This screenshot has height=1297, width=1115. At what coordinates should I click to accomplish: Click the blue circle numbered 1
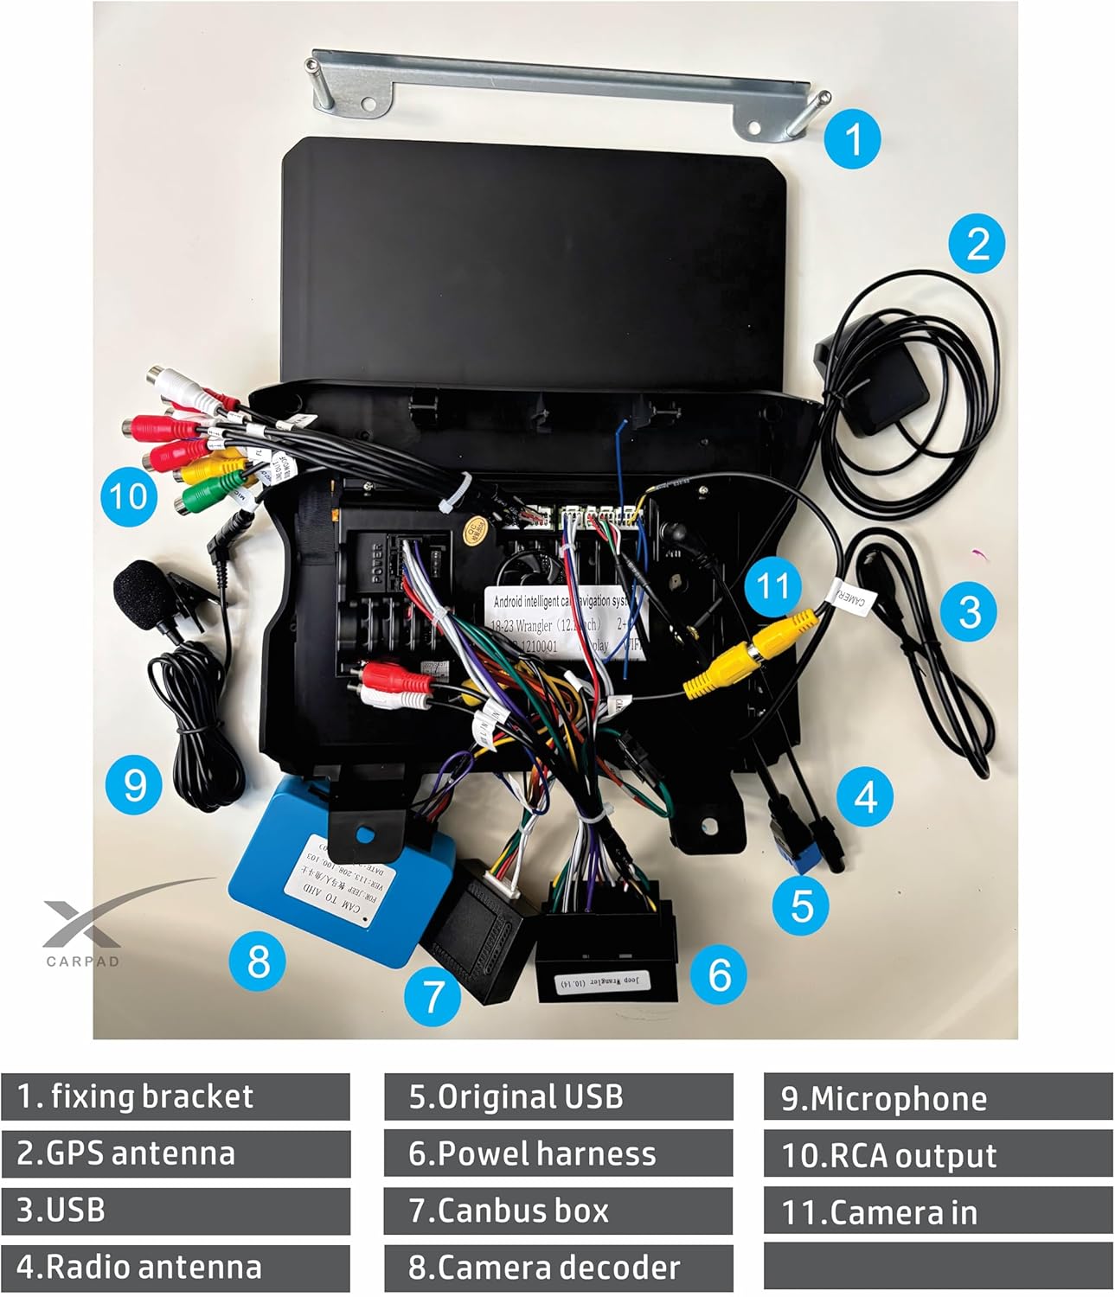(x=853, y=138)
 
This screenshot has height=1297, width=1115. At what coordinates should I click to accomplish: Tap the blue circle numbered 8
(x=258, y=961)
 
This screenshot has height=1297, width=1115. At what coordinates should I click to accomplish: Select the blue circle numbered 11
(x=772, y=586)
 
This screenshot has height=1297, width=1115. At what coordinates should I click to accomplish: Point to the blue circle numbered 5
(x=802, y=905)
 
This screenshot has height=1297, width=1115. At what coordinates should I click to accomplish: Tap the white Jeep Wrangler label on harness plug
(x=610, y=981)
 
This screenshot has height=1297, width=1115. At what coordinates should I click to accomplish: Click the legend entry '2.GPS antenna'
(x=176, y=1153)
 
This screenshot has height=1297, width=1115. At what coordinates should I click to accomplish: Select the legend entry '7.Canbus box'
(x=558, y=1211)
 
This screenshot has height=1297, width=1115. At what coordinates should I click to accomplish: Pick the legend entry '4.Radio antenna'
(x=176, y=1268)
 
